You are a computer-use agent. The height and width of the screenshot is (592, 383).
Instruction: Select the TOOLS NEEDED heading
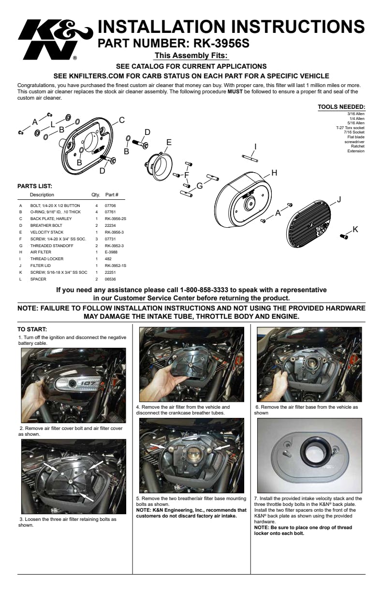(x=341, y=107)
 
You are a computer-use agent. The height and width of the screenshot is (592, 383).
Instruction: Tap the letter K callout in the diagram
(x=355, y=229)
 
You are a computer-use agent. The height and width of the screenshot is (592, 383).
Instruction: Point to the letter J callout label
(x=339, y=199)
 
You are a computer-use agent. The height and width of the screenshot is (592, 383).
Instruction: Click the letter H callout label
(x=274, y=173)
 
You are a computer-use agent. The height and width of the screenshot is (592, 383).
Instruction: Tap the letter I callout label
(x=255, y=147)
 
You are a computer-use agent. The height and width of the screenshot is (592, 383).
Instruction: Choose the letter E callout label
(x=169, y=142)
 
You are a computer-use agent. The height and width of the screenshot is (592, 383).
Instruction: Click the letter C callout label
(x=122, y=120)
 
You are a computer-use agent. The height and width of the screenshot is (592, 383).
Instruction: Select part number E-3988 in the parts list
(x=112, y=252)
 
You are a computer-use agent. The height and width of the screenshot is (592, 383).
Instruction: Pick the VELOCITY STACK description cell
(x=47, y=232)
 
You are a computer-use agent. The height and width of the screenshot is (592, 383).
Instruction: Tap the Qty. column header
(x=96, y=195)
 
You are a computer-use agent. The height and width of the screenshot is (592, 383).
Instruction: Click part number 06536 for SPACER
(x=110, y=279)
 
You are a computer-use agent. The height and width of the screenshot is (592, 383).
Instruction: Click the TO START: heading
(x=32, y=330)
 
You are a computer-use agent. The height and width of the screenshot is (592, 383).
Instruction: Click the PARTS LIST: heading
(x=35, y=186)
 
